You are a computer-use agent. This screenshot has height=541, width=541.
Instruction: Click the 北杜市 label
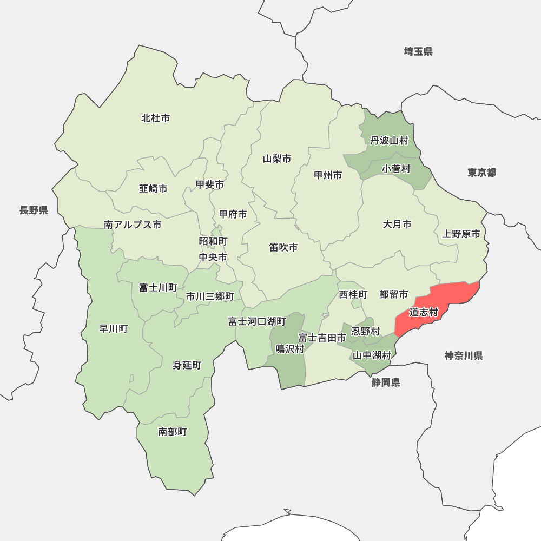click(x=156, y=117)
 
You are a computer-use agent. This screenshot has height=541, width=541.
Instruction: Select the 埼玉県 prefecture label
click(x=418, y=51)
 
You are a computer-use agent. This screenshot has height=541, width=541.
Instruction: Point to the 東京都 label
click(x=481, y=173)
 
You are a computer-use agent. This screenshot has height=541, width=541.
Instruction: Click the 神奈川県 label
click(x=464, y=355)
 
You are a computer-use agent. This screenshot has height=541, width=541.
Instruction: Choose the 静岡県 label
click(x=386, y=382)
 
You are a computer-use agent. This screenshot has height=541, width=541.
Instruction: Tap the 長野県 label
click(x=34, y=210)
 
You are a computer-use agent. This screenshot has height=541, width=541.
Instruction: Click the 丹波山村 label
click(x=389, y=141)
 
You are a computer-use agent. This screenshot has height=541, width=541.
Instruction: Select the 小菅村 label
click(x=396, y=169)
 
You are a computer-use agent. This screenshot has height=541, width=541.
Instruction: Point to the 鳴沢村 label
click(x=290, y=349)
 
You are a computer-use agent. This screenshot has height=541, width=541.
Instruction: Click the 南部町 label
click(x=173, y=432)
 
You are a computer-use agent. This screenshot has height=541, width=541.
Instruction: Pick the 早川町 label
click(x=114, y=328)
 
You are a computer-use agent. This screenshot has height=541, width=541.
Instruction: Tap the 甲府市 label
click(x=233, y=214)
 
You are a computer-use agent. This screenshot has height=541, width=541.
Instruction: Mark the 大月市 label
click(x=397, y=224)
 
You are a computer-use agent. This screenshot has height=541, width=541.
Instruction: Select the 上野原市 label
click(x=461, y=234)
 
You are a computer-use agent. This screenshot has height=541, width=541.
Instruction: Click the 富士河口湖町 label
click(x=257, y=321)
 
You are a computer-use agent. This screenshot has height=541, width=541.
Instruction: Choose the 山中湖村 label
click(x=372, y=355)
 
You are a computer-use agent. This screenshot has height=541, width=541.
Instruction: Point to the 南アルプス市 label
click(x=133, y=225)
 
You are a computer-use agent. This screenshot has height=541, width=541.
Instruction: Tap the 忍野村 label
click(x=366, y=331)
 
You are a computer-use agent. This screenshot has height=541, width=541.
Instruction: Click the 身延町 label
click(x=187, y=365)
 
